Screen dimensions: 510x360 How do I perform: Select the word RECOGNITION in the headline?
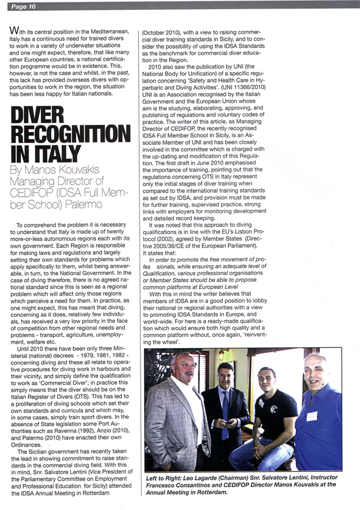[70, 134]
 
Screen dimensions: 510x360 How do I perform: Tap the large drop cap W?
[14, 31]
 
